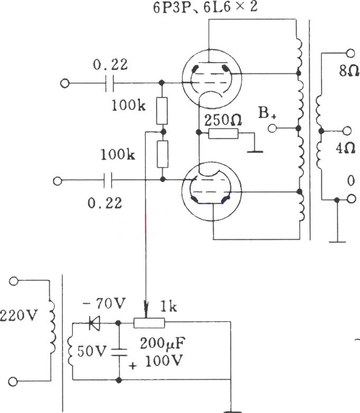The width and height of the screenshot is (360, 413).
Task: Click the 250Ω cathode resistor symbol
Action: [x=223, y=134]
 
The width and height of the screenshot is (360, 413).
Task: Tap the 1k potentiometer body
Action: [x=149, y=323]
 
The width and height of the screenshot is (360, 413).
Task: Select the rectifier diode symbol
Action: [x=95, y=323]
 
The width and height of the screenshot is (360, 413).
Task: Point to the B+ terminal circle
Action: [x=272, y=128]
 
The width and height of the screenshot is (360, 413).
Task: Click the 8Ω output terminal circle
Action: [x=350, y=53]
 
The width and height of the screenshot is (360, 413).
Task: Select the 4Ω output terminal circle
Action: [x=347, y=130]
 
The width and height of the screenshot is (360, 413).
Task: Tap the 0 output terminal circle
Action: [x=351, y=199]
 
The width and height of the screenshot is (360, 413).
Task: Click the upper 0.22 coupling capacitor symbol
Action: [x=110, y=83]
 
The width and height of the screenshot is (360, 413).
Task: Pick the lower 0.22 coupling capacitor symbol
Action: [x=108, y=181]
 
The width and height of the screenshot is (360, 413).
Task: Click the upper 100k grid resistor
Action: [x=162, y=110]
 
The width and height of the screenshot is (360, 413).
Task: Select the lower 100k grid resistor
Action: [x=163, y=154]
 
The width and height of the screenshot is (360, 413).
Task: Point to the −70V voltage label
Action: [x=105, y=304]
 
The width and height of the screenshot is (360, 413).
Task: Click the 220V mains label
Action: [x=19, y=315]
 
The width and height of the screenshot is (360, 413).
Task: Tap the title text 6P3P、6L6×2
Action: [x=205, y=7]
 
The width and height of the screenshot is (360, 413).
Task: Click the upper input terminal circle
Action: [x=64, y=83]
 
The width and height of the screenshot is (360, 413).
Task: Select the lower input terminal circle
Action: [x=58, y=181]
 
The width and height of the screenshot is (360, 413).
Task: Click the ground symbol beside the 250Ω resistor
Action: [x=255, y=151]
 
